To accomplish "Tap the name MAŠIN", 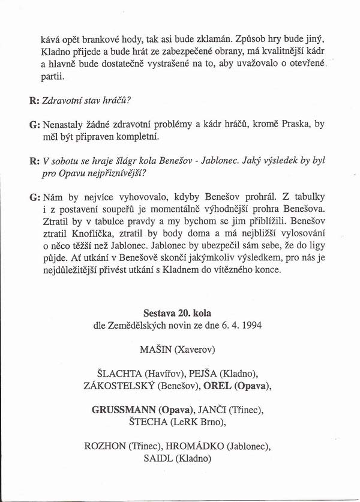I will [x=158, y=348].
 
